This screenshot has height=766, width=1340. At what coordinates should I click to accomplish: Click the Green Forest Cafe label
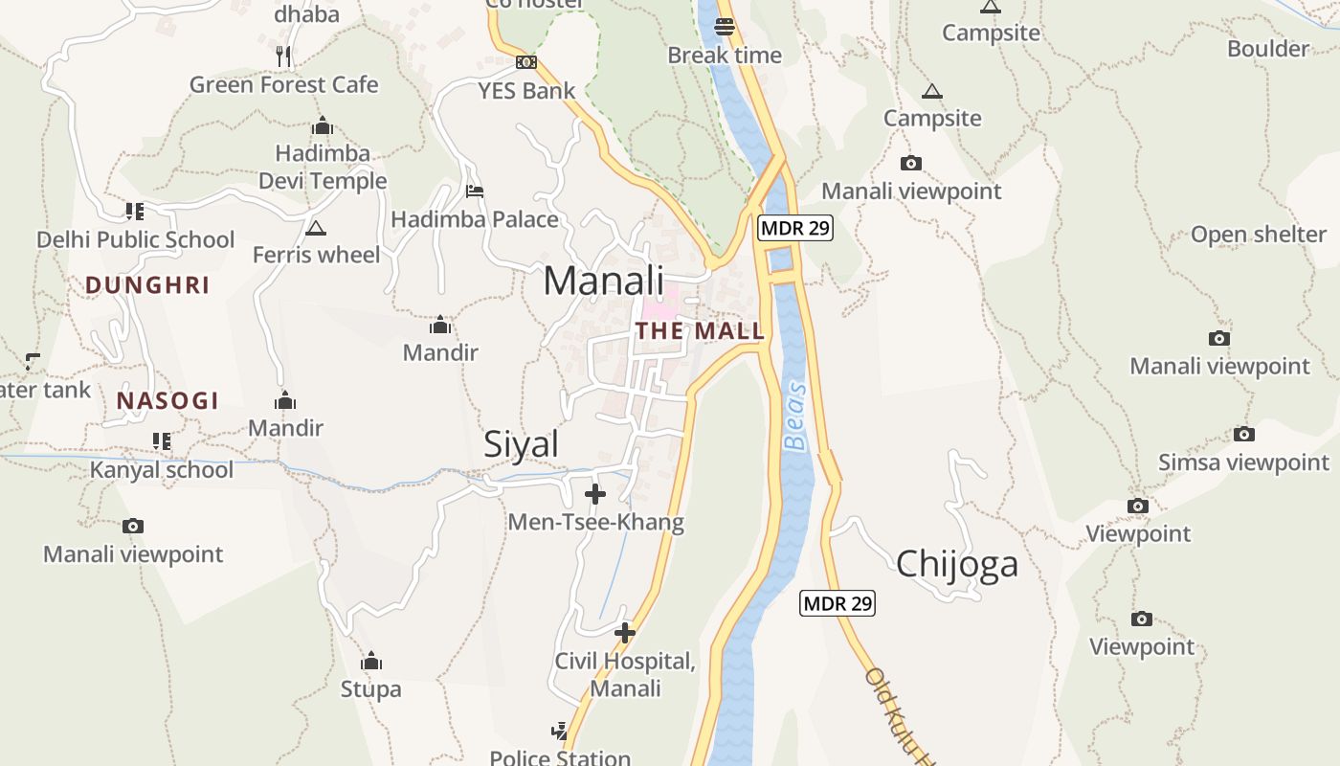[283, 84]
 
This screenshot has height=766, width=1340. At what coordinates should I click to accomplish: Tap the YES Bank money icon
[525, 62]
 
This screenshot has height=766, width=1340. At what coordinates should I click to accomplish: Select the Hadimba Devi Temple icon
[322, 125]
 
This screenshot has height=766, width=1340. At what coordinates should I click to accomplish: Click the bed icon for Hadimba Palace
[474, 191]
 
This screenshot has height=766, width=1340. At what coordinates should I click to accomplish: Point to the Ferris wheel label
[316, 255]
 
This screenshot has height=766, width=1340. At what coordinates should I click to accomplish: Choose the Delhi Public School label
[135, 239]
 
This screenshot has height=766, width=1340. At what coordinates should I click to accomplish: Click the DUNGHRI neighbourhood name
[147, 284]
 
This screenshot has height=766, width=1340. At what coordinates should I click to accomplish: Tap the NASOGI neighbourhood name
[167, 401]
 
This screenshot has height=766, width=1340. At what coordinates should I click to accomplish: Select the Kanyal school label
[161, 470]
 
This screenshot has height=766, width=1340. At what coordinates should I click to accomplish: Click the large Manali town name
[603, 281]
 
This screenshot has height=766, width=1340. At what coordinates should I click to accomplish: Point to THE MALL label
[700, 331]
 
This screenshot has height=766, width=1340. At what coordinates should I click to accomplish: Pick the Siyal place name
[521, 444]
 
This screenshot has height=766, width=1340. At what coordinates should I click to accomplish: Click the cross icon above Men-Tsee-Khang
[595, 494]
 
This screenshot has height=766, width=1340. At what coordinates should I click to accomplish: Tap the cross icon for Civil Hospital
[625, 633]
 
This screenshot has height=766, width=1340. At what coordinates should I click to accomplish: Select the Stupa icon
[371, 662]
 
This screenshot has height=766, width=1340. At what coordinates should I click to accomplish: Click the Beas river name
[795, 417]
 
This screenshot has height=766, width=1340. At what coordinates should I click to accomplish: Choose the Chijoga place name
[956, 564]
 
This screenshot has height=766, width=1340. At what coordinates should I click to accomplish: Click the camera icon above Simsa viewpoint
[1243, 434]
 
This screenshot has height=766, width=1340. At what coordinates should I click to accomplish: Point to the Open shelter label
[1258, 235]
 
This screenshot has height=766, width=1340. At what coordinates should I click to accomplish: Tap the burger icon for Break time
[725, 26]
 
